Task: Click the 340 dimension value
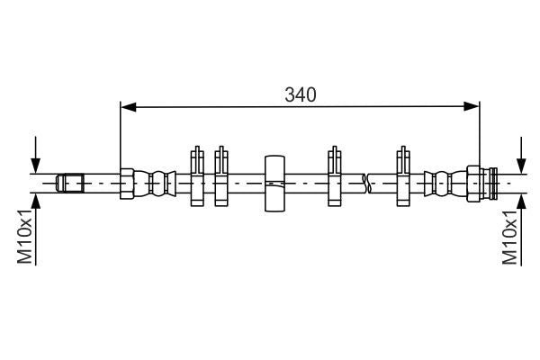click(301, 94)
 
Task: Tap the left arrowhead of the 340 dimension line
click(129, 107)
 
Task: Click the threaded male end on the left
click(69, 183)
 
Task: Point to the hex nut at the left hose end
click(128, 183)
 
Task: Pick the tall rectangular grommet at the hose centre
click(274, 183)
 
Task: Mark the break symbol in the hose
click(365, 183)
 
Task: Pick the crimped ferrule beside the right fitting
click(440, 183)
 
